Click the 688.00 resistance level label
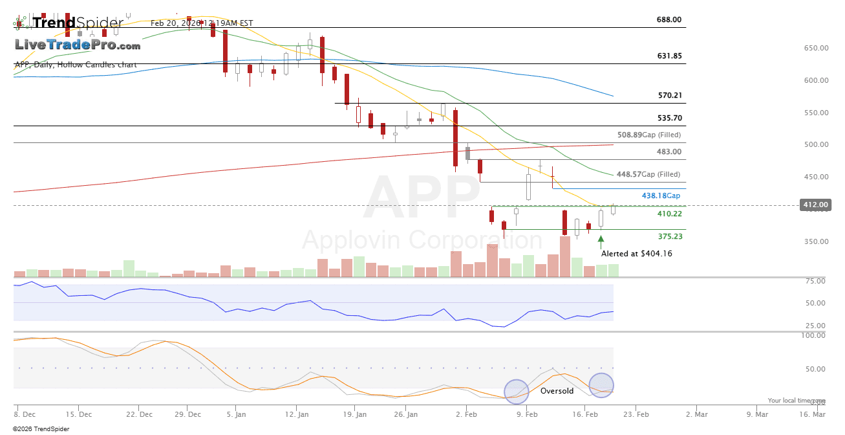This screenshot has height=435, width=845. tap(669, 19)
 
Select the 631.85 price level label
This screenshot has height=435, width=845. tap(669, 56)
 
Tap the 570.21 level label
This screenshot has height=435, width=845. tap(670, 95)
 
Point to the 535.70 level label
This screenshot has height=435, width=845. tap(669, 118)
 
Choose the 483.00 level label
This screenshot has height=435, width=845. tap(669, 151)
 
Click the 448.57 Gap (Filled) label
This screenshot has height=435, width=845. tap(648, 174)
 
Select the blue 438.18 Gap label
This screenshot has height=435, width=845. tap(661, 195)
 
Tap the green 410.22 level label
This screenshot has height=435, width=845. tap(669, 214)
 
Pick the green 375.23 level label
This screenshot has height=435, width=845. tap(669, 237)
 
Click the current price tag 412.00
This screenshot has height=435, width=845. tap(815, 205)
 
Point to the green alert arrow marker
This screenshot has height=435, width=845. tap(601, 240)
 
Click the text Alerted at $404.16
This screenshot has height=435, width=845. tap(637, 254)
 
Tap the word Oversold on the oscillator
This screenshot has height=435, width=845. tap(557, 391)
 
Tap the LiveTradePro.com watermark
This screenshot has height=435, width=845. tap(78, 45)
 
